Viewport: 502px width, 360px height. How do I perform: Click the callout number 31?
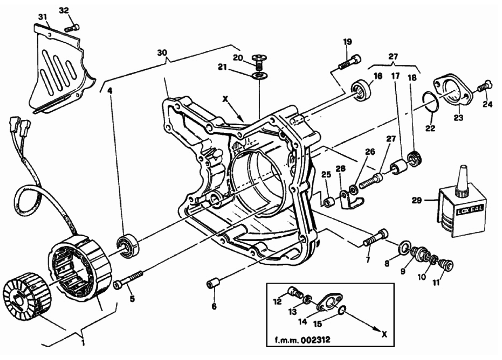point(43,17)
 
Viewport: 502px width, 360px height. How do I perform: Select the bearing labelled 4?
point(127,245)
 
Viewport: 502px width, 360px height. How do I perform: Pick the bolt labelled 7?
point(375,238)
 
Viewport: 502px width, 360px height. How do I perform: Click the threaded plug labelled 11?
point(445,264)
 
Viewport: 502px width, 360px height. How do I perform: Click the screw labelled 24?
point(485,85)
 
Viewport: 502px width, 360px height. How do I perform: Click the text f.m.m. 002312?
point(302,339)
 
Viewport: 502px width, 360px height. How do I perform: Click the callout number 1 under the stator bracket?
point(83,343)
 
